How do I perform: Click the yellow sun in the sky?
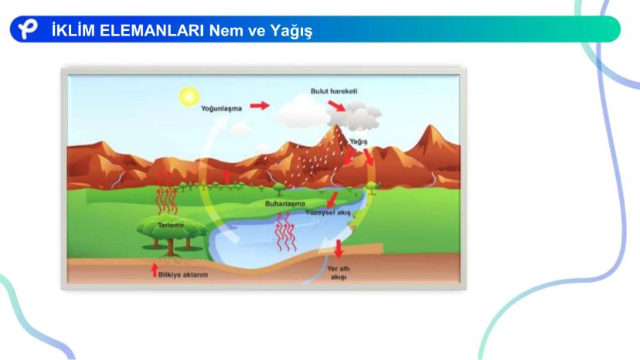click(189, 97)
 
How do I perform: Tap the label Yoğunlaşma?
click(221, 109)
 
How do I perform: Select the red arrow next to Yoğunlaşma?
click(260, 106)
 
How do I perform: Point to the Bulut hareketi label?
click(334, 91)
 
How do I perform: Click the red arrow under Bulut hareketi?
click(337, 106)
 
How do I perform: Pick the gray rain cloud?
click(354, 116)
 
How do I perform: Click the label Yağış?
click(359, 141)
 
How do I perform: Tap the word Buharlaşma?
click(285, 203)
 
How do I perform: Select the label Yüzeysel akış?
click(329, 212)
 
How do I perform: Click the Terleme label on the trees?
click(171, 225)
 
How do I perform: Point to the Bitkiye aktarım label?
click(183, 275)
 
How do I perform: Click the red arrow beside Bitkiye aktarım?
click(155, 270)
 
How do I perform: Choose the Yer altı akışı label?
click(339, 273)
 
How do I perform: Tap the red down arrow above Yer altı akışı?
click(339, 249)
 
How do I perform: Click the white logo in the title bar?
click(28, 29)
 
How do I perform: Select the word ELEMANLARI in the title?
click(151, 30)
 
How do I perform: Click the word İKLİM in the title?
click(73, 30)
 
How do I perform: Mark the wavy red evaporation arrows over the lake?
click(286, 231)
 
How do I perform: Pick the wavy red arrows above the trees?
click(166, 193)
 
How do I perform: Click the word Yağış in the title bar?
click(291, 31)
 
